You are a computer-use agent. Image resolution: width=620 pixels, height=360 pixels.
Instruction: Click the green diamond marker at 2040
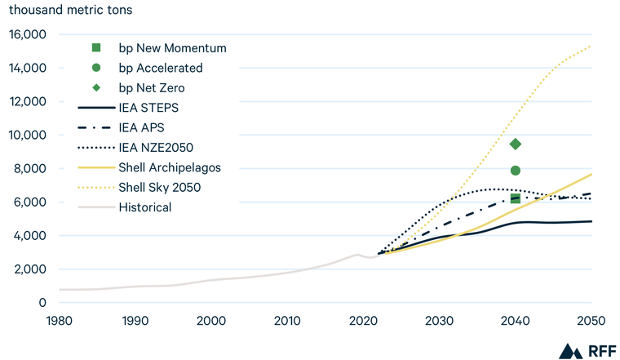pos(515,144)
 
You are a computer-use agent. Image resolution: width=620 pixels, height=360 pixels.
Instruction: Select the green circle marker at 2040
pos(515,171)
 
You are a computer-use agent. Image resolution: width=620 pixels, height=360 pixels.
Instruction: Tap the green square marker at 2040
pos(515,198)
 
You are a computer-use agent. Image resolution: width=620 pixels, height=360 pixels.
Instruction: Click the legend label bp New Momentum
pos(172,48)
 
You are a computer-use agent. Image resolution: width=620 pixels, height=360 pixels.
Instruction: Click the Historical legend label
pos(145,207)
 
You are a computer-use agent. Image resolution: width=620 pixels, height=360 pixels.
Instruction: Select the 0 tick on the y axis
pos(43,303)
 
